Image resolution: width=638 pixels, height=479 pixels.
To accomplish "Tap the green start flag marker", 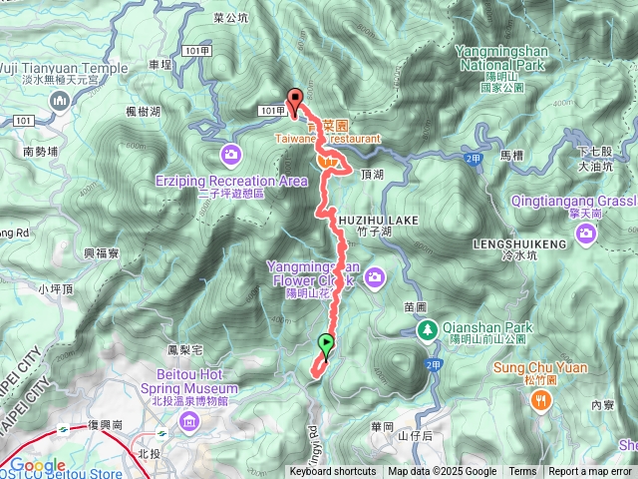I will pyautogui.click(x=326, y=345).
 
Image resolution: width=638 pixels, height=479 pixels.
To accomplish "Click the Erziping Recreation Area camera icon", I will pyautogui.click(x=231, y=154).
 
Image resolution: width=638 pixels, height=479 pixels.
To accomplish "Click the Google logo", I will pyautogui.click(x=37, y=465).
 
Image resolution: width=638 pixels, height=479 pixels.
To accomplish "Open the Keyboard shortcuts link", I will pyautogui.click(x=333, y=472).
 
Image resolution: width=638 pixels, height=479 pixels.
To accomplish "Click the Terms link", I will pyautogui.click(x=522, y=472).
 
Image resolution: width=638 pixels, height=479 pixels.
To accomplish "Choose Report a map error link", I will pyautogui.click(x=591, y=472).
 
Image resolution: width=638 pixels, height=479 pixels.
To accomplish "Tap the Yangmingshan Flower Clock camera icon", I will pyautogui.click(x=375, y=275).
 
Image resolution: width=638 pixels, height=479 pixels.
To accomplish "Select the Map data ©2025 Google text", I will pyautogui.click(x=442, y=472).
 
